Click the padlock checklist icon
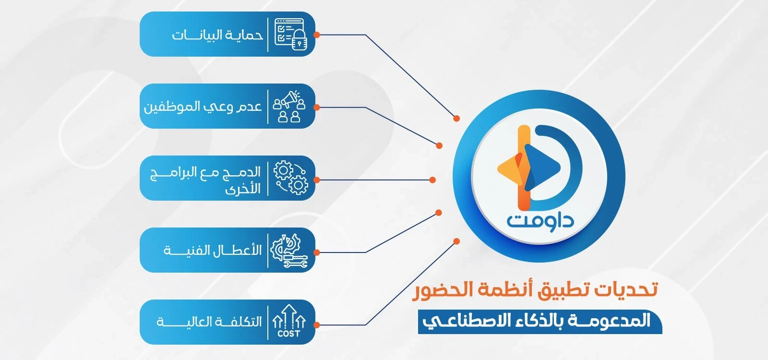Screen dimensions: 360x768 [290, 34]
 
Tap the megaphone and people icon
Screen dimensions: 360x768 [289, 106]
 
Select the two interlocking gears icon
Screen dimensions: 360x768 [290, 178]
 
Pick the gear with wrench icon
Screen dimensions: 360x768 [288, 250]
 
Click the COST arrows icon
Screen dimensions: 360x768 [288, 320]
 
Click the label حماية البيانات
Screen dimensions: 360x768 [217, 35]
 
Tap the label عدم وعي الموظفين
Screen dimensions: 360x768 [203, 107]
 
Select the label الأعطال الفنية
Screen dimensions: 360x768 [213, 251]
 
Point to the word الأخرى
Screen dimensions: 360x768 [243, 188]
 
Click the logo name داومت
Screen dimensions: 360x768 [540, 221]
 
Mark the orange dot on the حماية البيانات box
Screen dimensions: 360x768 [316, 35]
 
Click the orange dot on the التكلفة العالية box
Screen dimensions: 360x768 [316, 324]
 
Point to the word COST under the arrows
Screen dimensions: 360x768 [288, 334]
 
